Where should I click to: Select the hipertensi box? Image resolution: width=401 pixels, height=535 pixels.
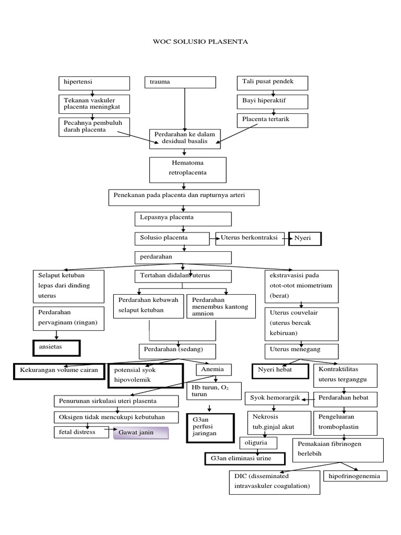click(94, 83)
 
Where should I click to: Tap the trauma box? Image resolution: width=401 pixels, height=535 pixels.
click(180, 83)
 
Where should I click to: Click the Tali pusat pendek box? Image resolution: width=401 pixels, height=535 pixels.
click(273, 83)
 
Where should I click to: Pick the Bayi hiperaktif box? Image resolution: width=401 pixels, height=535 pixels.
click(273, 101)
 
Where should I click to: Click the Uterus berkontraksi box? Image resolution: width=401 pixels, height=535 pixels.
click(250, 238)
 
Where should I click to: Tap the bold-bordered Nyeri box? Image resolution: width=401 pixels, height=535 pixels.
click(305, 239)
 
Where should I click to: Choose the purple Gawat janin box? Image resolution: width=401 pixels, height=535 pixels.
click(140, 433)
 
